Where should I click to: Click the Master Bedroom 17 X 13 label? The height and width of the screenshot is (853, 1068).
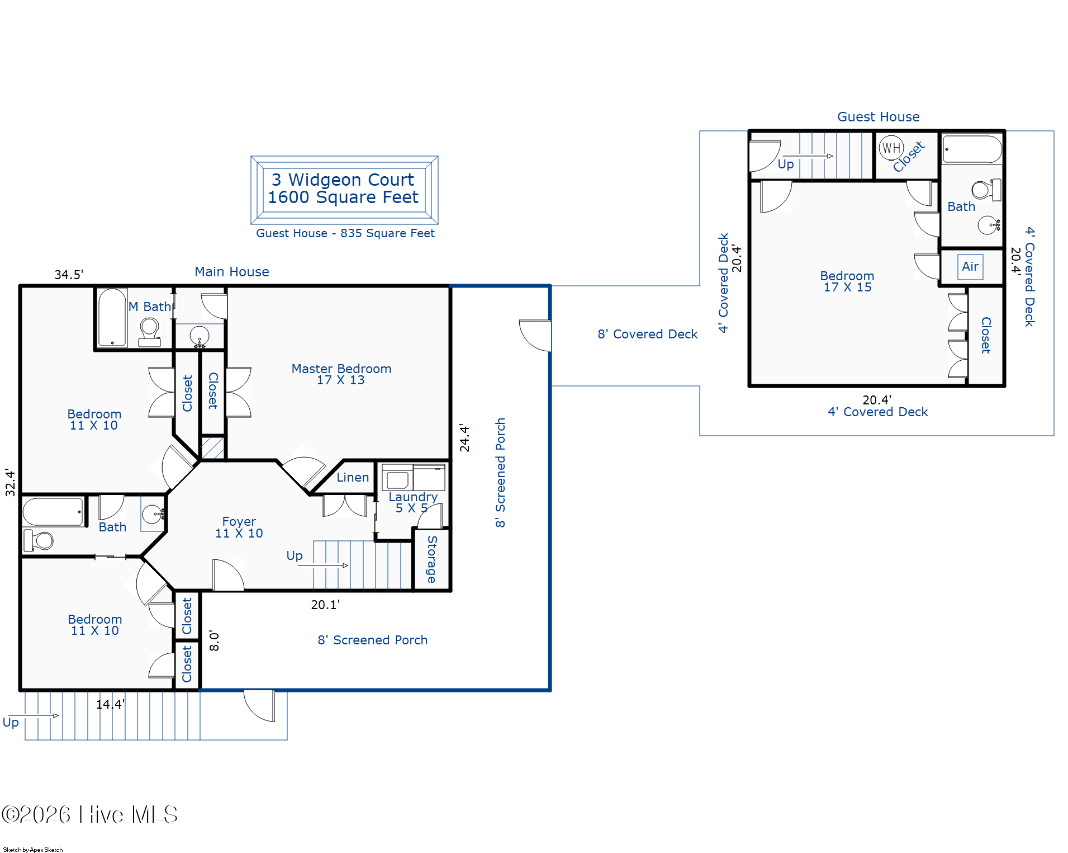341,374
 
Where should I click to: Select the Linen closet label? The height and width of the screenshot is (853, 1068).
353,477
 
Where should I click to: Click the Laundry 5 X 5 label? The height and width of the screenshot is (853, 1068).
413,502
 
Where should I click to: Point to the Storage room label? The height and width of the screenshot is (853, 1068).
432,559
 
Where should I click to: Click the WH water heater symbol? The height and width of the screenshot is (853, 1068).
891,148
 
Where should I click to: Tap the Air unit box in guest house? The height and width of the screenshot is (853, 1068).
970,267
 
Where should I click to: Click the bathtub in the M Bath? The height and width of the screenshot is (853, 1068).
112,317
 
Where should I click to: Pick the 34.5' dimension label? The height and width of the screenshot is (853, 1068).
69,275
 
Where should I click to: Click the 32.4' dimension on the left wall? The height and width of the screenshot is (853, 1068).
10,482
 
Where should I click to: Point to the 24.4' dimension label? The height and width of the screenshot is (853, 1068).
464,437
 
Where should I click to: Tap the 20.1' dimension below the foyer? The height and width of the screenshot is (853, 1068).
325,605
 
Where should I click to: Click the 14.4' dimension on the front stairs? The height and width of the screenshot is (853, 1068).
110,704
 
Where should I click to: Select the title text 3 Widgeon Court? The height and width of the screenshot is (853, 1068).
343,180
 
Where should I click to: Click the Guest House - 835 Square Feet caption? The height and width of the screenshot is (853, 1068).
345,233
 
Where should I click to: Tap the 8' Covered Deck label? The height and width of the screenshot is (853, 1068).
648,334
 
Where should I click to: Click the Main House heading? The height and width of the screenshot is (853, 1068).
232,272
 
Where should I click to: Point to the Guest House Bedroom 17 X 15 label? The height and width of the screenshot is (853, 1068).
847,281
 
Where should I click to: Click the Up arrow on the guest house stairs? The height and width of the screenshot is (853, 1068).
808,156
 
